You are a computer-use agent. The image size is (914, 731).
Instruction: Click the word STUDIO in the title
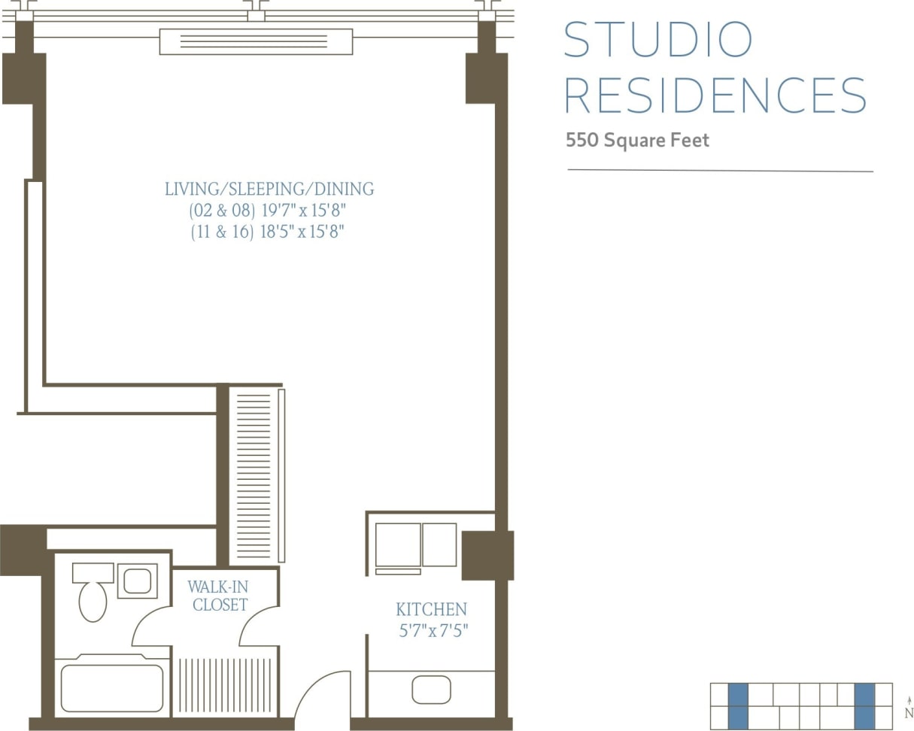tap(657, 40)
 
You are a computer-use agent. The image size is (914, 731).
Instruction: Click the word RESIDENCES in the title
tap(715, 96)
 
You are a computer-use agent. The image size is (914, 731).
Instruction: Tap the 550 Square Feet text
tap(637, 141)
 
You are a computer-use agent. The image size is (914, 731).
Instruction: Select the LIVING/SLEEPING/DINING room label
tap(269, 189)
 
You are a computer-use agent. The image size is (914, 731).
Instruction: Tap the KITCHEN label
tap(431, 609)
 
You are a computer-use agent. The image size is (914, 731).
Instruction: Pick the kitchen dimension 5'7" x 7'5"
tap(433, 630)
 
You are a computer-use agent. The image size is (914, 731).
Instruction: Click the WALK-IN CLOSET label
tap(219, 595)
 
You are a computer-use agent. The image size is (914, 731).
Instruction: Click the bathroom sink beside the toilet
tap(137, 581)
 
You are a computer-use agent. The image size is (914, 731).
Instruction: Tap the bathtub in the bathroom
tap(112, 687)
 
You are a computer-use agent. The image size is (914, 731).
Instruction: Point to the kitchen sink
tap(431, 690)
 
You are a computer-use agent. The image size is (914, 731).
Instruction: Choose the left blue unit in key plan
tap(738, 705)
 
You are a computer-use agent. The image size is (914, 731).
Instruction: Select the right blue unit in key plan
tap(864, 705)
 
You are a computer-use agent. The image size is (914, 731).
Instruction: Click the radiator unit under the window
tap(256, 41)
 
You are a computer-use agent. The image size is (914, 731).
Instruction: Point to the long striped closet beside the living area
tap(254, 475)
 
